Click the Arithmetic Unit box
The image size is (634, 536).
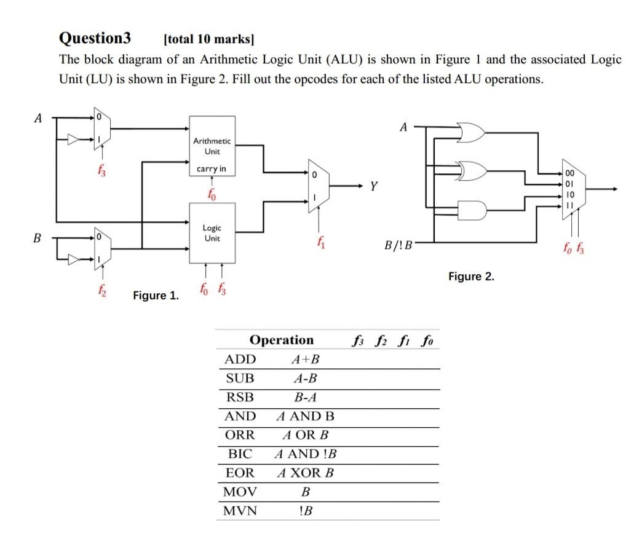tap(212, 146)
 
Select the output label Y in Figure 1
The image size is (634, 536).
tap(372, 186)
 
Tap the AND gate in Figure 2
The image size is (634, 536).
tap(472, 210)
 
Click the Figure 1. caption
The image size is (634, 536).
tap(156, 296)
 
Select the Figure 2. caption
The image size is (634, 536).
tap(471, 277)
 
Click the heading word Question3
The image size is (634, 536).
tap(95, 38)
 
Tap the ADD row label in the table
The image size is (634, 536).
tap(240, 359)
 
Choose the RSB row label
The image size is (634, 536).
tap(240, 397)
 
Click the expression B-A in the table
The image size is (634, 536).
tap(306, 397)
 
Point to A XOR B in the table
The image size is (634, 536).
tap(306, 473)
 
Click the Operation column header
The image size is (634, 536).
tap(282, 340)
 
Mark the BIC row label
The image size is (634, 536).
tap(240, 454)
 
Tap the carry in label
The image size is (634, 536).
tap(211, 168)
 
